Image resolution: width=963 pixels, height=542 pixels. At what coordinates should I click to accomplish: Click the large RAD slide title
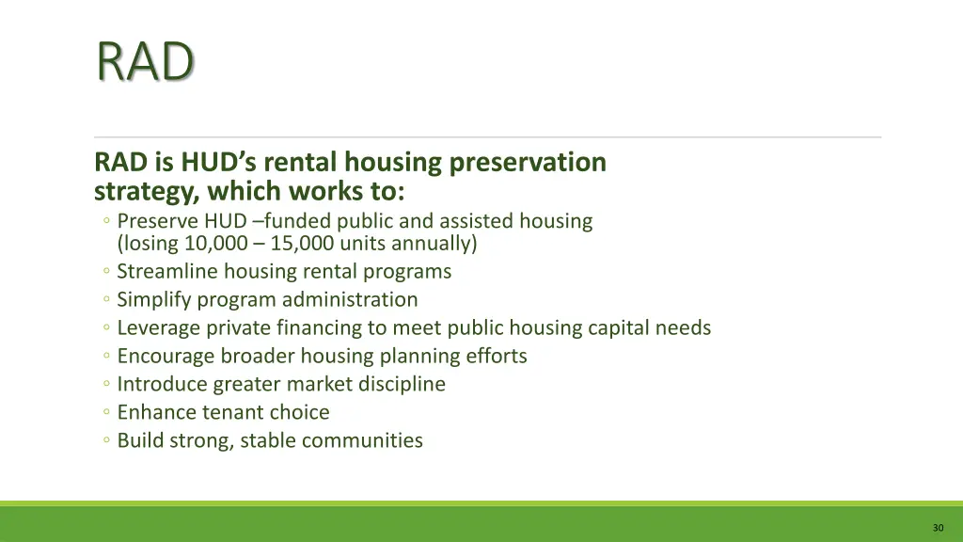tap(145, 63)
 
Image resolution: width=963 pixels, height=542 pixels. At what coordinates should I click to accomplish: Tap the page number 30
tap(938, 528)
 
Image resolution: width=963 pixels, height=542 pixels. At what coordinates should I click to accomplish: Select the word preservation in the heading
tap(528, 163)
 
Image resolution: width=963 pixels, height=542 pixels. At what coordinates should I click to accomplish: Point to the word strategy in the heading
tap(146, 192)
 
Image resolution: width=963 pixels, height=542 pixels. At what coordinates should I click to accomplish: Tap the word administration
tap(353, 300)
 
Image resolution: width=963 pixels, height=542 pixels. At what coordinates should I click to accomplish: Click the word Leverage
tap(159, 328)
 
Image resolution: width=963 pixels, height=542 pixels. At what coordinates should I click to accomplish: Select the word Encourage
tap(165, 357)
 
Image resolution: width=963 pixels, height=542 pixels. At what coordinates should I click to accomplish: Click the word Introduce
tap(162, 385)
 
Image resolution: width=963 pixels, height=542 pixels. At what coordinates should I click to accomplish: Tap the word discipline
tap(402, 385)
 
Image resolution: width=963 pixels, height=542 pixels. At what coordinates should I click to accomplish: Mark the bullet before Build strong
tap(107, 441)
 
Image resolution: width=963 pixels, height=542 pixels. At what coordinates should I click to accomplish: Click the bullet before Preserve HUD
tap(107, 222)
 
